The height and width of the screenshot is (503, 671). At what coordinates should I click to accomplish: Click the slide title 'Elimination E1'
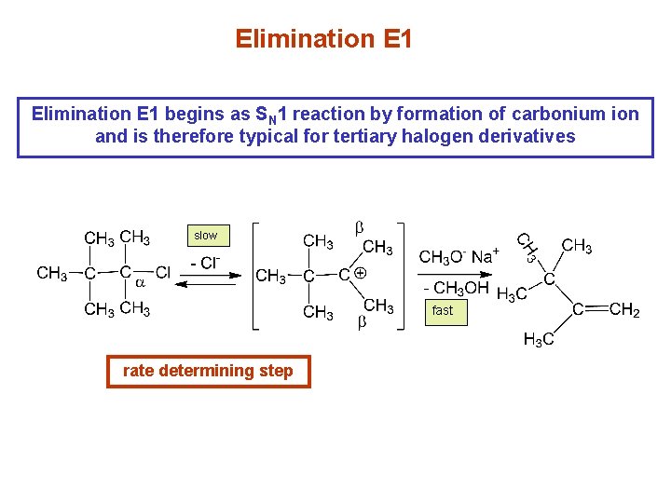pos(323,39)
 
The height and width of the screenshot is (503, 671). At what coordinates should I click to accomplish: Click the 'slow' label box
pos(205,236)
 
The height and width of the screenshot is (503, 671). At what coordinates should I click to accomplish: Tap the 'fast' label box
pos(443,310)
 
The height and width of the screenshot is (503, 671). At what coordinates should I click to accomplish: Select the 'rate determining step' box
pos(208,371)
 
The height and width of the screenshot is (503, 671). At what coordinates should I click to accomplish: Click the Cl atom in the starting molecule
pos(163,273)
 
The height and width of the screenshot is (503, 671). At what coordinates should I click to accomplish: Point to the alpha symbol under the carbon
pos(141,280)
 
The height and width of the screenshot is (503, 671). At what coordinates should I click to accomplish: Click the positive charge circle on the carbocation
pos(360,274)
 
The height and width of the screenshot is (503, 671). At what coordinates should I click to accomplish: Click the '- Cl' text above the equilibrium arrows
pos(205,264)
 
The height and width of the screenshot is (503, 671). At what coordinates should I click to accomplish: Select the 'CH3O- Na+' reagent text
pos(459,256)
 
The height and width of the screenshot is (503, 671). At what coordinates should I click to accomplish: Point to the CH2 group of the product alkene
pos(623,310)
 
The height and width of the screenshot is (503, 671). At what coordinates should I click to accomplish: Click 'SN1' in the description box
pos(273,116)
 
